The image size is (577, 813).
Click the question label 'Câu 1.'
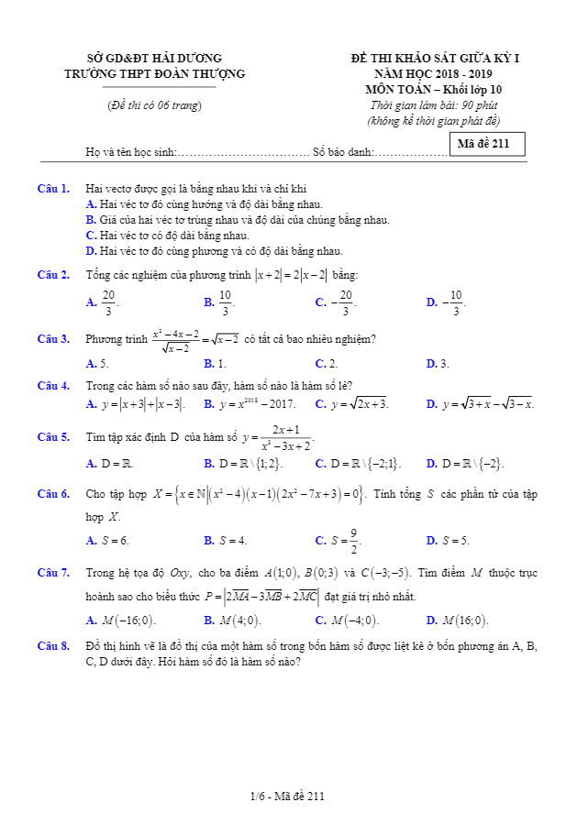pyautogui.click(x=54, y=189)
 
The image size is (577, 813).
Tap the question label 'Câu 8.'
pyautogui.click(x=54, y=645)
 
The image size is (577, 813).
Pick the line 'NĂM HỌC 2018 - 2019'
pyautogui.click(x=434, y=73)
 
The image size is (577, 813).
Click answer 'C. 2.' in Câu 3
pyautogui.click(x=327, y=364)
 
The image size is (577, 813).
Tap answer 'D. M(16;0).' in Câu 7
pyautogui.click(x=458, y=620)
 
